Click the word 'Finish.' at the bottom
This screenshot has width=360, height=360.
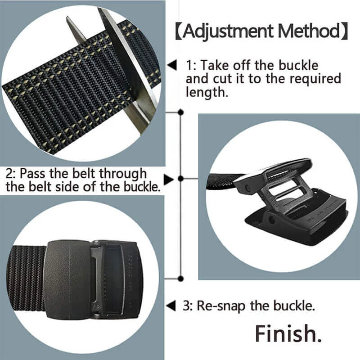point(285,333)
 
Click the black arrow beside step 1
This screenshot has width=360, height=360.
point(172,66)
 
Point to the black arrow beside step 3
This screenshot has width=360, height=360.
point(171,306)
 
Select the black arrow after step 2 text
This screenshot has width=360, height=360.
point(168,180)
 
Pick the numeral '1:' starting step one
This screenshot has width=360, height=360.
point(191,66)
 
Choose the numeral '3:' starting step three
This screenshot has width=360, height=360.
point(188,306)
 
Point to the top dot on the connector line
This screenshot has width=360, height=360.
point(180,111)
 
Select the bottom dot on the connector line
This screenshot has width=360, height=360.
point(180,278)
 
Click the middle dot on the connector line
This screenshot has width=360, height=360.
point(180,179)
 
